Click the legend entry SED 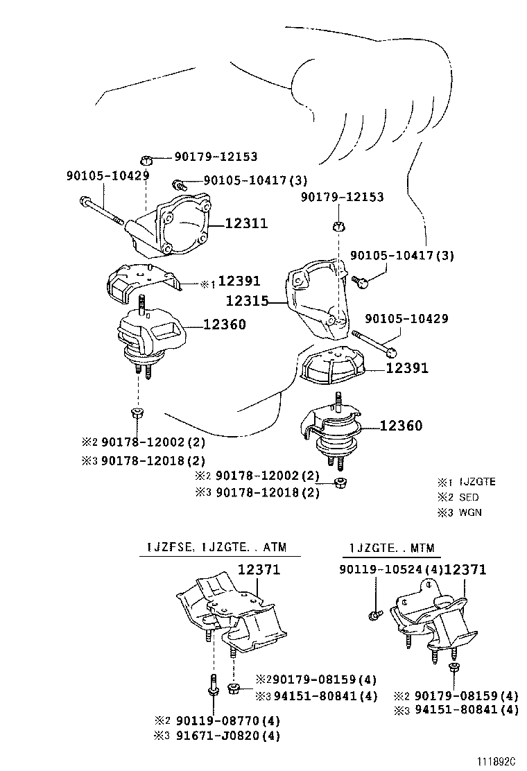[469, 497]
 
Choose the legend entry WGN [470, 512]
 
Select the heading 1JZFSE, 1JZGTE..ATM [220, 548]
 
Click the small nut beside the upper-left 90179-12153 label [147, 159]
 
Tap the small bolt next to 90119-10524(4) [374, 614]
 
